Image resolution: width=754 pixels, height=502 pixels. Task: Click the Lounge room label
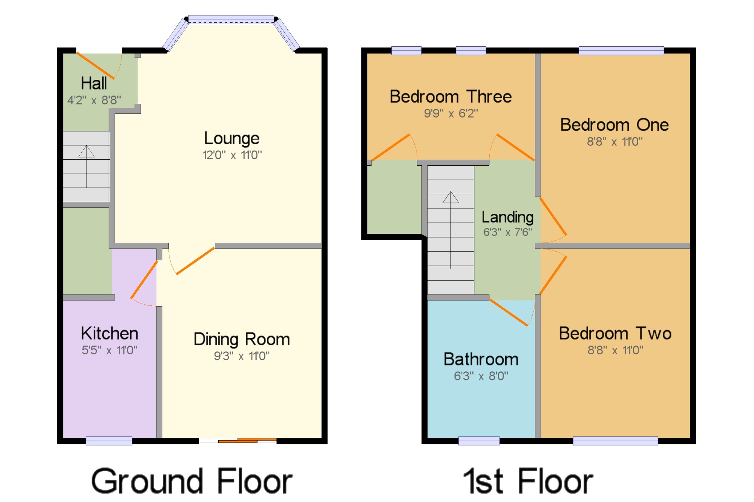(232, 139)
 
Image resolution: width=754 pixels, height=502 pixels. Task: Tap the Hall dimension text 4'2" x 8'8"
(94, 100)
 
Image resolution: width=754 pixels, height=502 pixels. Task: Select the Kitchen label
(110, 333)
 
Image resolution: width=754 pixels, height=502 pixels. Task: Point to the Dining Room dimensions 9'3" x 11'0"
(242, 356)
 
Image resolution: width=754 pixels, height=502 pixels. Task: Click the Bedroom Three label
(451, 96)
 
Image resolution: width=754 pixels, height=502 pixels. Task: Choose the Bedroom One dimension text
(615, 142)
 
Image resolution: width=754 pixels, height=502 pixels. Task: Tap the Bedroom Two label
(615, 333)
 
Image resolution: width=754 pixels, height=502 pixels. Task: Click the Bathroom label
(481, 359)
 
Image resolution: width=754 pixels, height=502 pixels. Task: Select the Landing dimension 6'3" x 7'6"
(507, 232)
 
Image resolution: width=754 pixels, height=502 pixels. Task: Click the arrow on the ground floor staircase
(86, 166)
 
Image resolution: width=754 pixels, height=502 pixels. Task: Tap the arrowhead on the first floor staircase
(451, 197)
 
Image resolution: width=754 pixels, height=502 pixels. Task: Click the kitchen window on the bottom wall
(109, 441)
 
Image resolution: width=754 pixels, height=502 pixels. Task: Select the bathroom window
(479, 441)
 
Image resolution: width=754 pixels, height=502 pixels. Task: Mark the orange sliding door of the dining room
(247, 440)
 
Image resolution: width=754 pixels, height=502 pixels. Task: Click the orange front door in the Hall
(95, 66)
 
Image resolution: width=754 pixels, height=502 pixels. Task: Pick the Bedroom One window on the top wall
(621, 50)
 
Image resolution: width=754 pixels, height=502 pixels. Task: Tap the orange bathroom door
(508, 312)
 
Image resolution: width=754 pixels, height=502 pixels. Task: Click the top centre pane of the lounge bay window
(231, 19)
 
